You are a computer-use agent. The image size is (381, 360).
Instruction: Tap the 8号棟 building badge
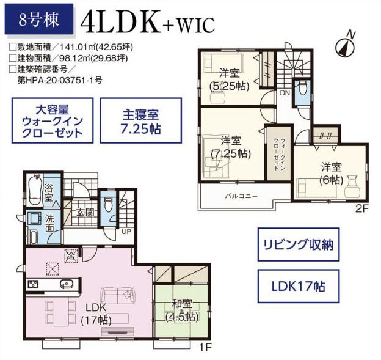pos(39,19)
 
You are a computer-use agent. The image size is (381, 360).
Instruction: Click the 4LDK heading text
pos(120,21)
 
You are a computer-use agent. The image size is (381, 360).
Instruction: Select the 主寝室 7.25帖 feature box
pos(141,120)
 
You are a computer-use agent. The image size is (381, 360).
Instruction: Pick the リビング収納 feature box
pos(299,244)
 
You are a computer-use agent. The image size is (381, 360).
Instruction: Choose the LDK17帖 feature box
pos(299,286)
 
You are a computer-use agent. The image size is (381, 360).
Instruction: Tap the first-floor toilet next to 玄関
pos(108,204)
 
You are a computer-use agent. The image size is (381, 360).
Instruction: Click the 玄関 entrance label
pos(85,213)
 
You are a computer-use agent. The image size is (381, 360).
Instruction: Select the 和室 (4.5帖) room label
pos(182,310)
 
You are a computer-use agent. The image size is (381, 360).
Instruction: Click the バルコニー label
pos(241,196)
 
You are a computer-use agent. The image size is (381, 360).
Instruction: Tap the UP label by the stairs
pos(126,232)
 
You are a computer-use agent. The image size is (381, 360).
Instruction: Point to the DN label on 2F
pos(285,93)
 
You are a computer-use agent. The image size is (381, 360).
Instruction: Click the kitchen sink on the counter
pos(67,284)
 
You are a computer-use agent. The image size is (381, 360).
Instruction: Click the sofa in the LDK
pos(118,296)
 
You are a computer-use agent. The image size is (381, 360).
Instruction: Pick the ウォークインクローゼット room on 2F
pos(279,153)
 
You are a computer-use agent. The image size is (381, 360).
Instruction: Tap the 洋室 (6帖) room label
pos(332,174)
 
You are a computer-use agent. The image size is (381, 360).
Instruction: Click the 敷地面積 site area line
pos(71,47)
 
